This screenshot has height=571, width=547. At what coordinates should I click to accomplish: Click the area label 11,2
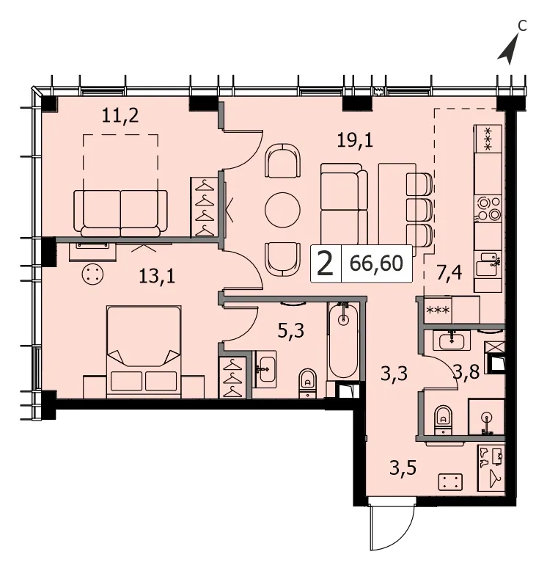point(120,116)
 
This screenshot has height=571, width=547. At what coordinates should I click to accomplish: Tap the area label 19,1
point(355,140)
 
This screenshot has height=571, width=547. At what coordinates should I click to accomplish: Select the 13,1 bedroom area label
point(157,277)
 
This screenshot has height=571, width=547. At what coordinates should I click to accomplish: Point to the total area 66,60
point(376,263)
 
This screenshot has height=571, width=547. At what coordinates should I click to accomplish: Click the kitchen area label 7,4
point(449,273)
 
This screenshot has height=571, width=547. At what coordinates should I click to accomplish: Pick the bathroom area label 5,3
point(291,332)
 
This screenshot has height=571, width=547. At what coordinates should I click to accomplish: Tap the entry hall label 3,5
point(403,468)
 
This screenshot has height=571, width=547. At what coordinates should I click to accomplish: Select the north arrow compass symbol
point(508,49)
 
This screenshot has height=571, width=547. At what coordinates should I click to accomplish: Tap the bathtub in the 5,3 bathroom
point(343,341)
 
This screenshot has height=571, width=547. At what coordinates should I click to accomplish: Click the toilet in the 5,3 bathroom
point(308,383)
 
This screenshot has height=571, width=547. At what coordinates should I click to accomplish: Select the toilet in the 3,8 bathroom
point(443,420)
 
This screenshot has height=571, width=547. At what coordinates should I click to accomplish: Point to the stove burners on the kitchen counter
point(488,209)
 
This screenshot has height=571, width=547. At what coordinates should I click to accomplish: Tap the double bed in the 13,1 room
point(144,352)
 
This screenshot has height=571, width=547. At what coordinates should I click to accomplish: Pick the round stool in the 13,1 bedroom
point(92,274)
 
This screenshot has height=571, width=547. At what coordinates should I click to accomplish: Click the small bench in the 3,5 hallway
point(450,481)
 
